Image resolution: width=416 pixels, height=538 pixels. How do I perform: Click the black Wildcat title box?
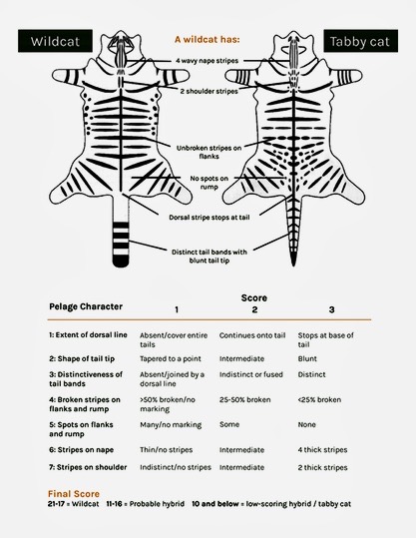click(55, 41)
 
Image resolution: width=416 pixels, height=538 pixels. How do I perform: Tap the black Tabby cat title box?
click(361, 41)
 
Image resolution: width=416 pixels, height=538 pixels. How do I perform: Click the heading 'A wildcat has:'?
click(208, 40)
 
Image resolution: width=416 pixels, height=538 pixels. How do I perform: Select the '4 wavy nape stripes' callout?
click(207, 61)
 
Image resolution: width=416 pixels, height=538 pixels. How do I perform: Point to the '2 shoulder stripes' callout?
click(208, 91)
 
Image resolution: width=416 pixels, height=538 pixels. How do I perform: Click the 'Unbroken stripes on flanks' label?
click(208, 152)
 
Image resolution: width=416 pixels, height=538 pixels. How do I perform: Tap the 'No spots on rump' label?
click(208, 183)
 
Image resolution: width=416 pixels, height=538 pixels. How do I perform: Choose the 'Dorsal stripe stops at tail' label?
click(209, 218)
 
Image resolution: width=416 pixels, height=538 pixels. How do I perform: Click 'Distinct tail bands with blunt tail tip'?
click(209, 256)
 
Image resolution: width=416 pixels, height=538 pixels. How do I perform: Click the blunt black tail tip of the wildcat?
click(121, 262)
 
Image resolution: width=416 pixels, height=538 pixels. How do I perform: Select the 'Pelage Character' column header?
click(86, 306)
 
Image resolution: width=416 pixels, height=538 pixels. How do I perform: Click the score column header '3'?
click(331, 309)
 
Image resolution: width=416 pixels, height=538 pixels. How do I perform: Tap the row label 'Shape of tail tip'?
click(82, 359)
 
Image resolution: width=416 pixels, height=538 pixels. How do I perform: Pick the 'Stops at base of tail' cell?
click(325, 339)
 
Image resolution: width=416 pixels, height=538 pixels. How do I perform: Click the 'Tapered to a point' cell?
click(171, 359)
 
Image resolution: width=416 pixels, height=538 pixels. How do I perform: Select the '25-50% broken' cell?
click(244, 399)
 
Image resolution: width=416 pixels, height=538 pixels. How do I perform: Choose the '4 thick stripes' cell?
click(322, 450)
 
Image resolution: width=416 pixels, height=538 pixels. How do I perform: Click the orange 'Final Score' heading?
click(74, 494)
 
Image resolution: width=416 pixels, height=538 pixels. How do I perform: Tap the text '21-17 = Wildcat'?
click(73, 504)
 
